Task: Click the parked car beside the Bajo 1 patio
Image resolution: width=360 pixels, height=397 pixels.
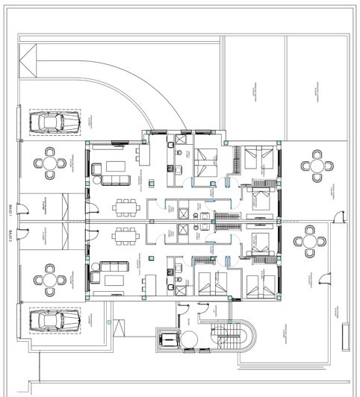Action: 54,122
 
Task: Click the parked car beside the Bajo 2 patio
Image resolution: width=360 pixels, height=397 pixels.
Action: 54,321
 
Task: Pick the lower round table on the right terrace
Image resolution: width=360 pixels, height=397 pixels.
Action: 309,243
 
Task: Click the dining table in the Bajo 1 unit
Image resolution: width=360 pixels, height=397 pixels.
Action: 125,205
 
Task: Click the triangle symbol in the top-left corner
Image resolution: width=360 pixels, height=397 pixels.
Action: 28,58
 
